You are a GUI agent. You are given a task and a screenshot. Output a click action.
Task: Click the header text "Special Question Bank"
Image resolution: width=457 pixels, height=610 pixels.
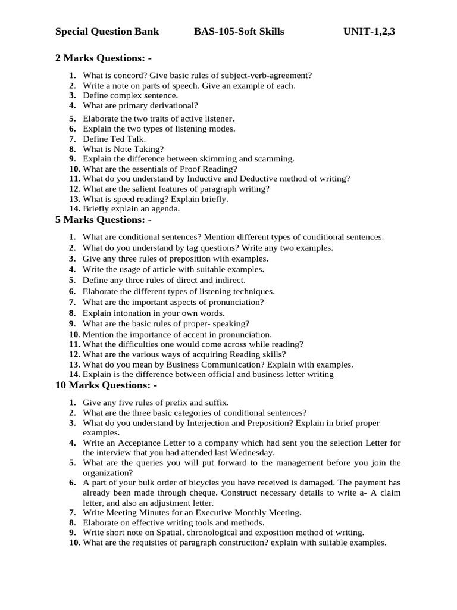click(x=107, y=32)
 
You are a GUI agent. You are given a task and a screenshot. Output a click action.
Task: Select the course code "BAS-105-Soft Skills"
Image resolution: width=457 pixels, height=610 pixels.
click(x=239, y=32)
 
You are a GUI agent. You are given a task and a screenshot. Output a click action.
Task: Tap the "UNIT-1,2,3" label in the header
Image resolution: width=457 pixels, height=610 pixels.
click(x=369, y=32)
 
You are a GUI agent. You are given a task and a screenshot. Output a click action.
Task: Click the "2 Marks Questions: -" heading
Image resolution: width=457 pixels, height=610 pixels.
click(x=103, y=58)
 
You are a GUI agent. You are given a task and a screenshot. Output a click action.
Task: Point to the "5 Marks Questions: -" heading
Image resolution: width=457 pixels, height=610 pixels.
click(x=103, y=220)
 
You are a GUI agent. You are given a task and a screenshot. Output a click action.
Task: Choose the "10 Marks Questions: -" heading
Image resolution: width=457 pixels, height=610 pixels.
click(x=106, y=385)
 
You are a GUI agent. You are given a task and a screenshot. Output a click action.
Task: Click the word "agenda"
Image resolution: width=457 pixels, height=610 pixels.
click(x=165, y=209)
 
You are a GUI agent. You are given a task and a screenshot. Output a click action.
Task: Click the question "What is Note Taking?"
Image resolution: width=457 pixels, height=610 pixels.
click(x=123, y=149)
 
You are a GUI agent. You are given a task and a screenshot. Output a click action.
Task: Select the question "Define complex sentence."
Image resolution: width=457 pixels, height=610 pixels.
click(x=130, y=95)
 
